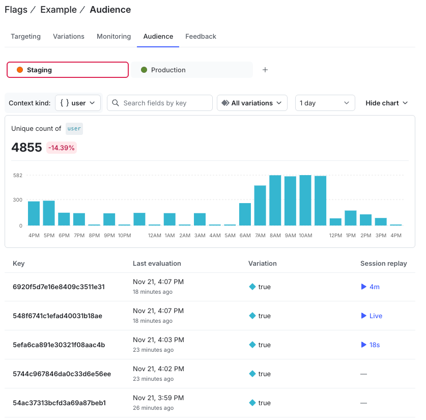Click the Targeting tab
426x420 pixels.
tap(25, 37)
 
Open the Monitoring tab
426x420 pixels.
tap(113, 37)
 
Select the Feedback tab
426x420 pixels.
tap(201, 37)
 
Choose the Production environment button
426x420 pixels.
tap(193, 70)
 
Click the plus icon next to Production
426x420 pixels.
tap(265, 70)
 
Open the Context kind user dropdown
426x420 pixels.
tap(78, 103)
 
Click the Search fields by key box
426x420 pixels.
tap(160, 103)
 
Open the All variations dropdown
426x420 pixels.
tap(252, 103)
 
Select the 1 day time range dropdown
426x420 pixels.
tap(325, 103)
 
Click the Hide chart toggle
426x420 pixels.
tap(386, 103)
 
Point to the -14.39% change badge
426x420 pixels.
tap(62, 148)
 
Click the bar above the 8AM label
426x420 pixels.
tap(275, 201)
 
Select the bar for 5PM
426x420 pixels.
tap(49, 213)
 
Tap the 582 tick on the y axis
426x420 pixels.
tap(18, 175)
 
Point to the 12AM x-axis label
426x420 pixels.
tap(155, 235)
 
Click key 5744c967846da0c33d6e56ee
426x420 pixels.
tap(62, 374)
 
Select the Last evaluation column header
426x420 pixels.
tap(157, 263)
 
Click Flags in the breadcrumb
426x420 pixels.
tap(16, 10)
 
